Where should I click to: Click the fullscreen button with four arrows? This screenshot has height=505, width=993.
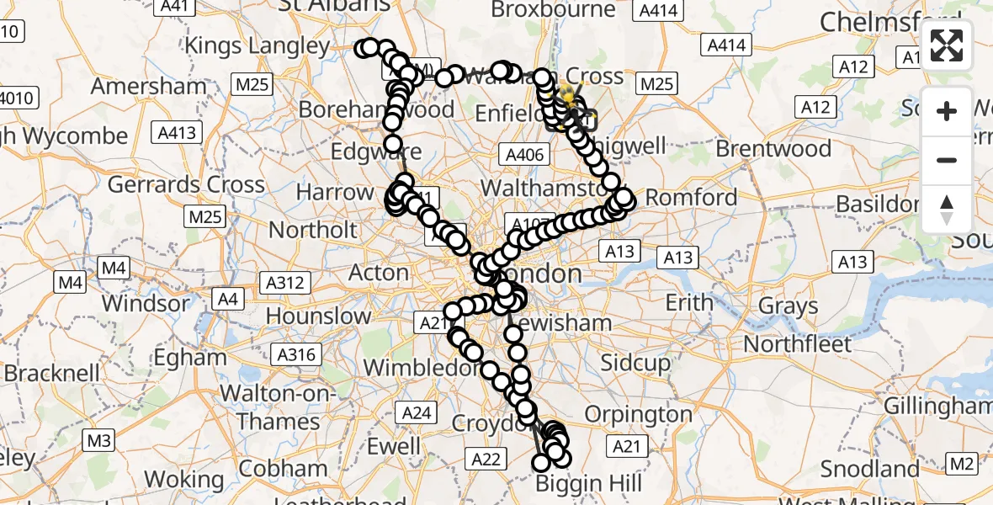click(x=947, y=45)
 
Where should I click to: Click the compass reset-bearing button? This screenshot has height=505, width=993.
click(x=947, y=210)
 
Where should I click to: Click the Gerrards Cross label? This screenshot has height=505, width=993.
click(x=186, y=184)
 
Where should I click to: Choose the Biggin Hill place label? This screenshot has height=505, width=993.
click(x=589, y=484)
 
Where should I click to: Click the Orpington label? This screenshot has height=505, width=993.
click(x=637, y=414)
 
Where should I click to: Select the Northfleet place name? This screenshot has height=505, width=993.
click(x=798, y=343)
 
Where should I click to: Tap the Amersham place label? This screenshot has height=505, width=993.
click(x=148, y=86)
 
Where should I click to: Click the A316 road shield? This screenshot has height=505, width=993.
click(x=295, y=355)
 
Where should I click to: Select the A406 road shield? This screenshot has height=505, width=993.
click(x=524, y=154)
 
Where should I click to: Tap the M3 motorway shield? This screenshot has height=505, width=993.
click(x=98, y=439)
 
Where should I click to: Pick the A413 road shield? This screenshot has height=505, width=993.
click(x=176, y=132)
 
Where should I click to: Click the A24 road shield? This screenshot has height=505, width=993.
click(x=417, y=412)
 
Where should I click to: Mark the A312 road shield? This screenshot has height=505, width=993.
click(x=284, y=283)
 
